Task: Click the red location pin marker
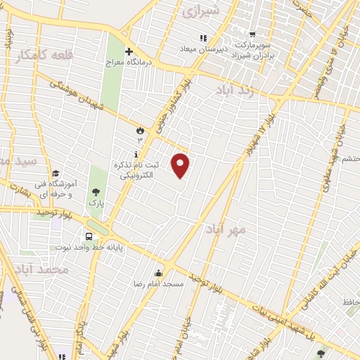pos(181,165)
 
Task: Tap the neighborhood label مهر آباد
pos(226,229)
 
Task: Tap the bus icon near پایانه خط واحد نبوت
pos(89,237)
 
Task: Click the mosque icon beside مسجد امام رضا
pos(159,274)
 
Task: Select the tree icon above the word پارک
pos(96,191)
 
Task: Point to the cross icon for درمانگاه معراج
pos(129,51)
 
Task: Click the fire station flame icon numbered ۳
pos(139,131)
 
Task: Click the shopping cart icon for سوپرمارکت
pos(252,33)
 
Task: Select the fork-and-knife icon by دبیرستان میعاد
pos(203,38)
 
